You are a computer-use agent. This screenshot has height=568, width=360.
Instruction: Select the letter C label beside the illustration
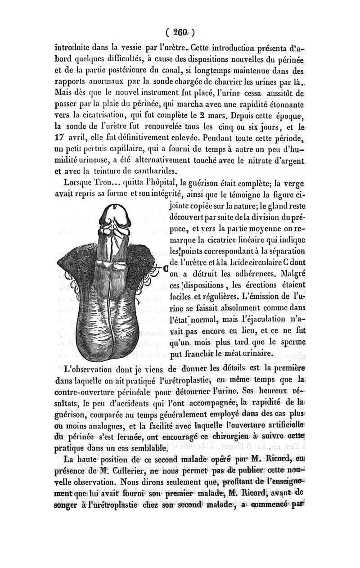tap(165, 269)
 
